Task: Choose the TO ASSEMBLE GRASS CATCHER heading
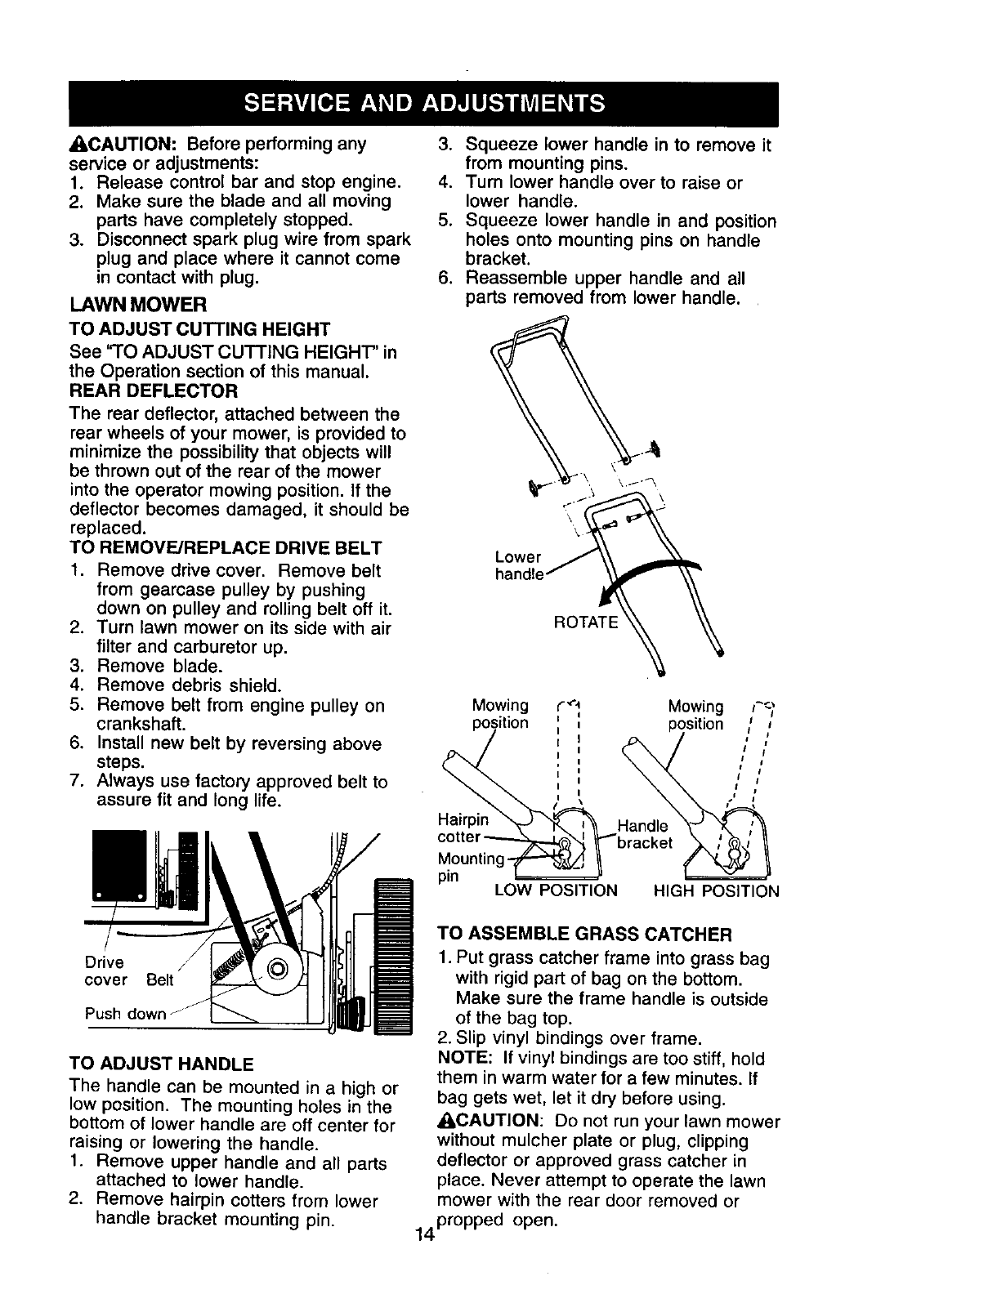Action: [x=584, y=934]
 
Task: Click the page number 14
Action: [x=423, y=1234]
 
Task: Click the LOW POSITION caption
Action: [x=557, y=890]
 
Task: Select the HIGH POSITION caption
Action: [x=717, y=890]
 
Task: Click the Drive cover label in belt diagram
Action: [x=106, y=971]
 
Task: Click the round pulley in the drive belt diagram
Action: [x=275, y=969]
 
